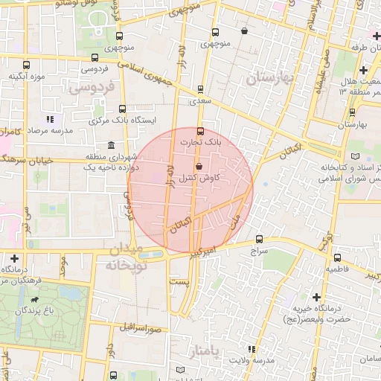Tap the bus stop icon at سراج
[x=259, y=240]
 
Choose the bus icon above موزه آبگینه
[x=27, y=64]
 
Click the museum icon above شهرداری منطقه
[x=111, y=144]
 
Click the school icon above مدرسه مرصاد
[x=49, y=118]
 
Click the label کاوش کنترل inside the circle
[x=199, y=178]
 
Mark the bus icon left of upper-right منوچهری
[x=215, y=33]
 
